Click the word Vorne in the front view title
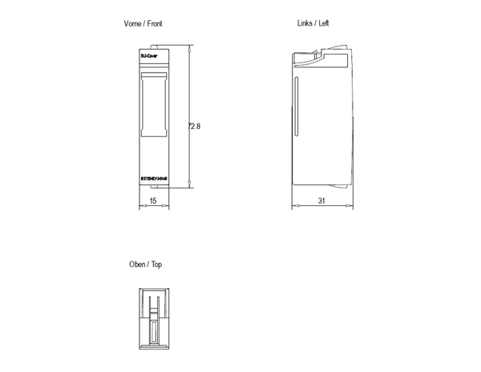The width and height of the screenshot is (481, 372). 133,24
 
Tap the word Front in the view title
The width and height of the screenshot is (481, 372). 156,24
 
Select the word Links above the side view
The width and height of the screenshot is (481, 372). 304,23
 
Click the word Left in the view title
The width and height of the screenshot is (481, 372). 323,23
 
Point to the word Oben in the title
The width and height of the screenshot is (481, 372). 137,264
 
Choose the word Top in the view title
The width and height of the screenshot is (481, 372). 156,264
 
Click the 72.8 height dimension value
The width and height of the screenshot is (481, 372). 193,126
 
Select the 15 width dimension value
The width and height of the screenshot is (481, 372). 152,201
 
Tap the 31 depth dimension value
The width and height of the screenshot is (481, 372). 321,201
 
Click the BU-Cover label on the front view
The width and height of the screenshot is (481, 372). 149,57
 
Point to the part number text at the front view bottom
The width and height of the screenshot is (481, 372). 152,180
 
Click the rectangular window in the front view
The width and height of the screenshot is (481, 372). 152,103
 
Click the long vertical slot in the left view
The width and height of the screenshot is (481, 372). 297,108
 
